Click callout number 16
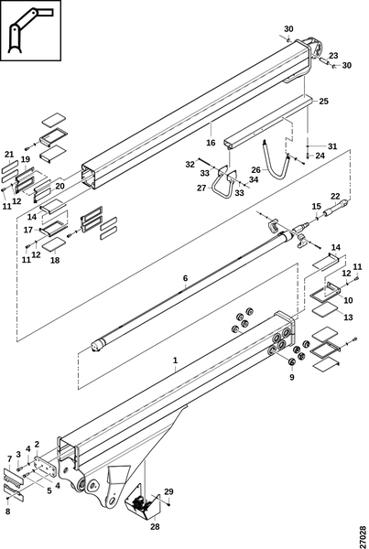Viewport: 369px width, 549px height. coord(211,143)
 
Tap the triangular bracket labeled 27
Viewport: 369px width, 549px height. coord(222,184)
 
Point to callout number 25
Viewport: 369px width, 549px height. coord(324,102)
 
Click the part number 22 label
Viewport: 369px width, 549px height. coord(335,196)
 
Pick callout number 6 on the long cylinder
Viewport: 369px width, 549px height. coord(185,278)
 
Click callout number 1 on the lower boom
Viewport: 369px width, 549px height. coord(175,361)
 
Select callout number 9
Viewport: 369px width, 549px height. coord(292,377)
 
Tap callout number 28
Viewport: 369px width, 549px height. coord(155,527)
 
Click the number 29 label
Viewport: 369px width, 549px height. coord(168,492)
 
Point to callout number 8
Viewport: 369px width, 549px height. coord(7,511)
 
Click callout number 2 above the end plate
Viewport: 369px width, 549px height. coord(37,445)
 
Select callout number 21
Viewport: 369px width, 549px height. coord(9,154)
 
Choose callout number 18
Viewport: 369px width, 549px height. coord(55,260)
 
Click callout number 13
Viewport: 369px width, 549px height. coord(348,318)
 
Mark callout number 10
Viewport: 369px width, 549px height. coord(348,300)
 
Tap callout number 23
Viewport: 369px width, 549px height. coord(333,56)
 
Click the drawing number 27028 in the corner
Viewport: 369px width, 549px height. coord(363,537)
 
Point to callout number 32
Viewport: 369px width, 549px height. coord(190,164)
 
